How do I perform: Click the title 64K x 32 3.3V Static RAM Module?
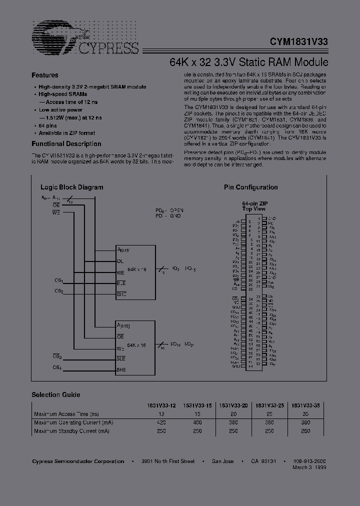tap(248, 62)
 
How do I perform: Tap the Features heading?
tap(45, 75)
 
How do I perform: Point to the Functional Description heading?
tap(66, 144)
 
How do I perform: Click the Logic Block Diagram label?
tap(71, 187)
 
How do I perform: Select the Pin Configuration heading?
tap(250, 187)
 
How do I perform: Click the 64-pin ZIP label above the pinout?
tap(254, 204)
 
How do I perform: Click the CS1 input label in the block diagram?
tap(58, 281)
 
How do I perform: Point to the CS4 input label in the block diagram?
tap(58, 368)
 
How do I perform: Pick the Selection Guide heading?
tap(56, 394)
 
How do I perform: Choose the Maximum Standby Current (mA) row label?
tap(71, 430)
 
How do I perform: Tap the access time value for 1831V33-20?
tap(233, 414)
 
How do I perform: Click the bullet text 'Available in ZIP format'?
tap(67, 133)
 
